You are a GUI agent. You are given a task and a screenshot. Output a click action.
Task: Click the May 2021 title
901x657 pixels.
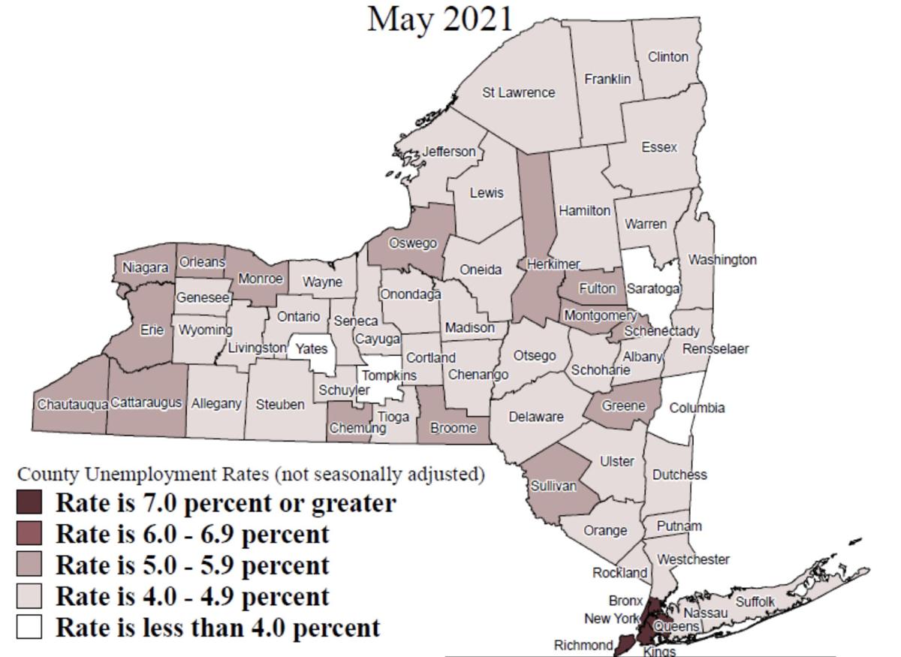[440, 19]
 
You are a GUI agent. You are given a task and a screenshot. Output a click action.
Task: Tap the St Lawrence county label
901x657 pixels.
[518, 93]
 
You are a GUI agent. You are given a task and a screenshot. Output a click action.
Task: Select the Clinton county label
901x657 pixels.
[667, 57]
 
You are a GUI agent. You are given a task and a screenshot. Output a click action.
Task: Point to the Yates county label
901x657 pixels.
[311, 349]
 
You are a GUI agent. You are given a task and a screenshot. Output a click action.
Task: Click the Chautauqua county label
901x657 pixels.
[72, 405]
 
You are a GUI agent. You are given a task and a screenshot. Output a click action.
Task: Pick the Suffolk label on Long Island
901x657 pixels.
[755, 602]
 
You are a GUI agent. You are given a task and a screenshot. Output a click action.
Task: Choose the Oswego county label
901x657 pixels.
[412, 243]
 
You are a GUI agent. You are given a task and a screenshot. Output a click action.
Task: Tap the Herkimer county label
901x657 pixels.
[553, 264]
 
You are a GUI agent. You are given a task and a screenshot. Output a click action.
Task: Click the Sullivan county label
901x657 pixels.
[553, 486]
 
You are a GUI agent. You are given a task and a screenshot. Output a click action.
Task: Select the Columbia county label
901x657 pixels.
[697, 408]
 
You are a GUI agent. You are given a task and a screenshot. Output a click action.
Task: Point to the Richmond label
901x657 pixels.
[583, 645]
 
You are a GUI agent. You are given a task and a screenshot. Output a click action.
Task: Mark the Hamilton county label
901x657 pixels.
[584, 211]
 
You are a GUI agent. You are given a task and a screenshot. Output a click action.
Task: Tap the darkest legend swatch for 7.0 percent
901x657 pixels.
[29, 502]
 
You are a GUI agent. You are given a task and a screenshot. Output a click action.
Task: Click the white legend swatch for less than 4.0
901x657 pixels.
[29, 627]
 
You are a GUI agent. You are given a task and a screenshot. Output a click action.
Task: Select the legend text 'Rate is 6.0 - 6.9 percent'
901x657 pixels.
[193, 534]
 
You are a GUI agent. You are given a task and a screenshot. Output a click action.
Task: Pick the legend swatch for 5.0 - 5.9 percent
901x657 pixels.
[29, 565]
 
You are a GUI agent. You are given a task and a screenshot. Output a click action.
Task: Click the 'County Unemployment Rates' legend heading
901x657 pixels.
[251, 475]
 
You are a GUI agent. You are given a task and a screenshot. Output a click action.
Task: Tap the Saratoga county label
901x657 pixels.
[653, 288]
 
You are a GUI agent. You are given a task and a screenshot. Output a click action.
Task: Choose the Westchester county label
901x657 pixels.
[692, 559]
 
